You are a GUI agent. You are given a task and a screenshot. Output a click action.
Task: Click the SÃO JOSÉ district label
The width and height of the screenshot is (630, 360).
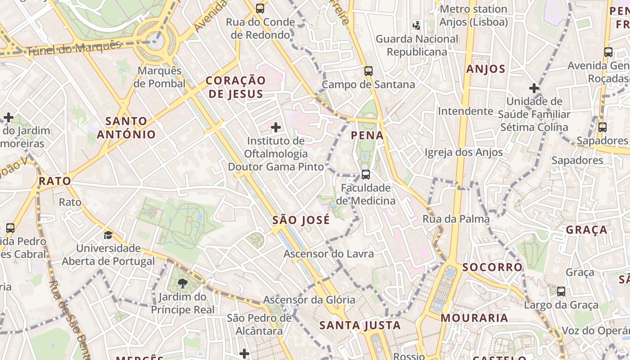(301, 220)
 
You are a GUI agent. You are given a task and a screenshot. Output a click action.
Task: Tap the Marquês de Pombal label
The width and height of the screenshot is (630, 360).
(160, 77)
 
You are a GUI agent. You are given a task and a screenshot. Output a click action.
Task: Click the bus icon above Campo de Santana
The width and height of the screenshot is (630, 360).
(369, 71)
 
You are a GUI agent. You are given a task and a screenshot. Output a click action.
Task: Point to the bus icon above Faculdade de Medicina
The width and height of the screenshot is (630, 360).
(366, 174)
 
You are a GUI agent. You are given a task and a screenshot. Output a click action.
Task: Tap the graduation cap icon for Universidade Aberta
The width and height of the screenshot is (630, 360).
(108, 235)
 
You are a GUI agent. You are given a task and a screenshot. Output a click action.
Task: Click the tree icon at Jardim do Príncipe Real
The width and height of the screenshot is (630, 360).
(183, 283)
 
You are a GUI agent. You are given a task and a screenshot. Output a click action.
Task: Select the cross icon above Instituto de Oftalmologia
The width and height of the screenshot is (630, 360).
(276, 128)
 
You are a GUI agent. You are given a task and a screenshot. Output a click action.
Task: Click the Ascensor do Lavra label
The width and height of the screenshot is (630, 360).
(328, 254)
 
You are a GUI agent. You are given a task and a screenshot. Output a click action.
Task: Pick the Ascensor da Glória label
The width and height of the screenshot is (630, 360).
(309, 300)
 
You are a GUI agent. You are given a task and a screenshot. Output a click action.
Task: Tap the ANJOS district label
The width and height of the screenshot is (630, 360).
(486, 69)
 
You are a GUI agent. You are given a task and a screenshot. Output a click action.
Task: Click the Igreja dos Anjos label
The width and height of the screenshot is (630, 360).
(463, 153)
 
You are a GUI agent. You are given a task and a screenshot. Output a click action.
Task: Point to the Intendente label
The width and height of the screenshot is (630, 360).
(466, 111)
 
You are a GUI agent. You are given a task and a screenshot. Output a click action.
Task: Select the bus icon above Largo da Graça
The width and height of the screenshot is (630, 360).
(561, 291)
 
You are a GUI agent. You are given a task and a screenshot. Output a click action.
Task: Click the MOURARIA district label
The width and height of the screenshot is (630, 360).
(474, 318)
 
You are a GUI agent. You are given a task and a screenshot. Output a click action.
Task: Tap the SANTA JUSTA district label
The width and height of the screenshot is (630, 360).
(360, 325)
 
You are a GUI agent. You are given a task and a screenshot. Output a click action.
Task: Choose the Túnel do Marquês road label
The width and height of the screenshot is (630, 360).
(74, 49)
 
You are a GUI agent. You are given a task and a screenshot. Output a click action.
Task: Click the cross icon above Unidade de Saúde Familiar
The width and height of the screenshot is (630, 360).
(534, 88)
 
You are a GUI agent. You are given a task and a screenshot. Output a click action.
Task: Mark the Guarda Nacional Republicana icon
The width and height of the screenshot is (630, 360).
(417, 26)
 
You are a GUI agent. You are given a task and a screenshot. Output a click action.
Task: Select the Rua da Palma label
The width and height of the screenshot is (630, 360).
(456, 219)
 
